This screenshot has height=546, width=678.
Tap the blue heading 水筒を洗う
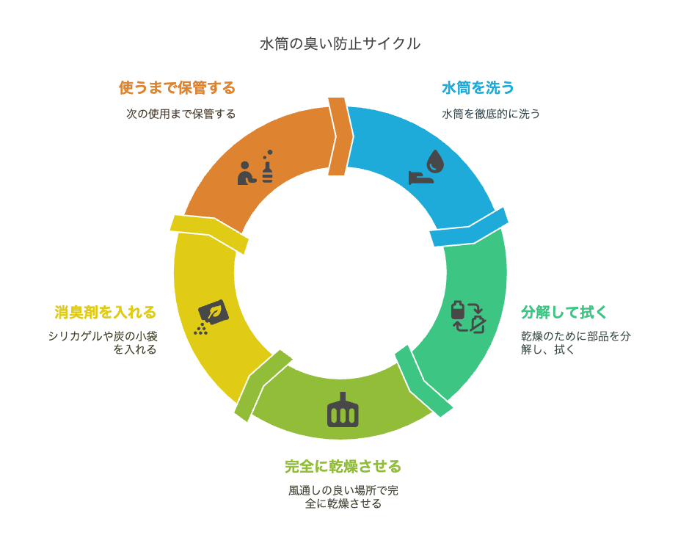click(x=478, y=88)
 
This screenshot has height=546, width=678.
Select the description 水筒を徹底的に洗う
click(x=491, y=114)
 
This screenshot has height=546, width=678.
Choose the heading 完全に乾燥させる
click(x=343, y=466)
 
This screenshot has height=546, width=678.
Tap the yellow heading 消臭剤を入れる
click(x=105, y=312)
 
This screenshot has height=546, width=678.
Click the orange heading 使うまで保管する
click(x=177, y=88)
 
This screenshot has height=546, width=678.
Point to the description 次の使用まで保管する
click(x=181, y=114)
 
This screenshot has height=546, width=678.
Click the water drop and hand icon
click(x=427, y=167)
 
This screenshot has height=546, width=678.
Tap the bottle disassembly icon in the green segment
click(x=467, y=316)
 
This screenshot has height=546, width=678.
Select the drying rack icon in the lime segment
click(x=343, y=411)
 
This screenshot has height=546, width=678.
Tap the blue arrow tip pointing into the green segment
click(x=470, y=228)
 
